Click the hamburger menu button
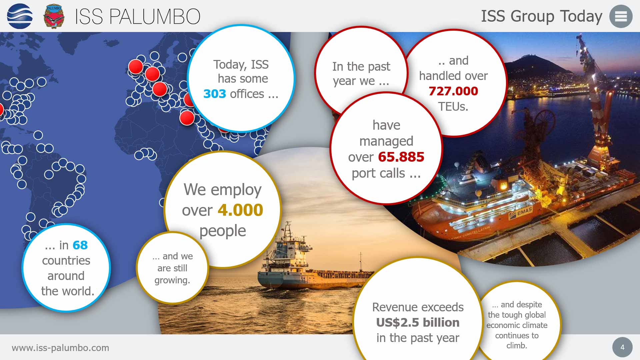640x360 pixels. [x=621, y=16]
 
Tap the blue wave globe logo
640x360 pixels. [x=20, y=16]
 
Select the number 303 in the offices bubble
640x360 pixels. [x=215, y=94]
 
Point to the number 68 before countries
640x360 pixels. [x=80, y=245]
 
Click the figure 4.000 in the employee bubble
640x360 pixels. [x=240, y=210]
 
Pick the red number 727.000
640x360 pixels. [x=453, y=91]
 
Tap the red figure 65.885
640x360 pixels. [x=401, y=157]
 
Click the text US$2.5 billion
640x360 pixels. [x=418, y=322]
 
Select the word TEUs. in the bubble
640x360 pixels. [x=453, y=107]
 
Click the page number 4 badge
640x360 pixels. [x=622, y=347]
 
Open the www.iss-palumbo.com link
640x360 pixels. [x=60, y=348]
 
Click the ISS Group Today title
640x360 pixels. [x=541, y=16]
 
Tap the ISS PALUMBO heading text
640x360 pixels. [x=137, y=17]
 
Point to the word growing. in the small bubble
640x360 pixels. [x=172, y=280]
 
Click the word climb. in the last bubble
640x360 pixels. [x=517, y=346]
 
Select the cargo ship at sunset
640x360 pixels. [x=300, y=267]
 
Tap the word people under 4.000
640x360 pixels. [x=223, y=231]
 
